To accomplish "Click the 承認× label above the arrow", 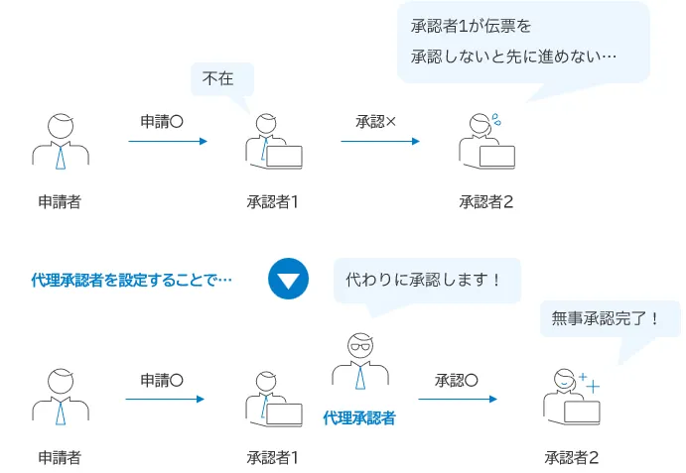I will pos(376,122).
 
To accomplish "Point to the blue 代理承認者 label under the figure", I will pos(359,418).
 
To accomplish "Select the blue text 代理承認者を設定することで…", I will pos(132,281).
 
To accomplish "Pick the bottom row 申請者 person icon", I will pos(61,397).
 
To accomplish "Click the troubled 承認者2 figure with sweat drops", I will pos(486,139).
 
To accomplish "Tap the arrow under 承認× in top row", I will pos(379,141).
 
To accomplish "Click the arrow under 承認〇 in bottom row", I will pos(457,399).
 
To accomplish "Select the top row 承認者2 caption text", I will pos(486,202).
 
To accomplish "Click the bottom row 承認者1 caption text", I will pos(273,457).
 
